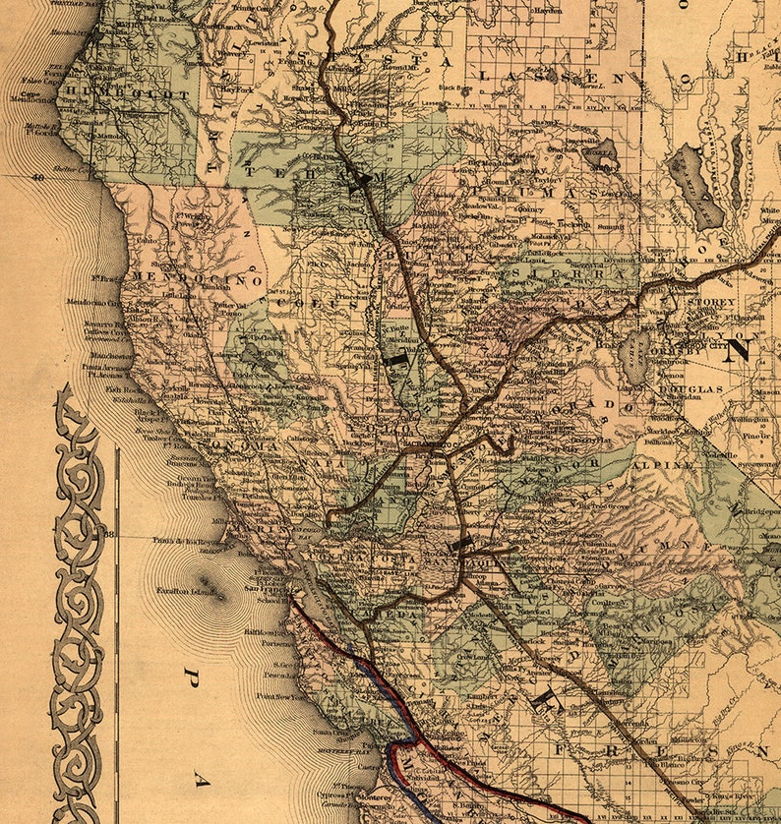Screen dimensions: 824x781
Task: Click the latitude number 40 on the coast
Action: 38,178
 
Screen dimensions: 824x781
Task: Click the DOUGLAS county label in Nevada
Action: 691,389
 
